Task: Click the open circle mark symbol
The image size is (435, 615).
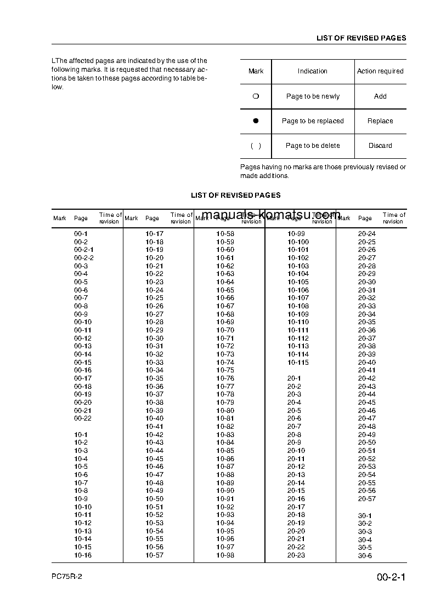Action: tap(255, 96)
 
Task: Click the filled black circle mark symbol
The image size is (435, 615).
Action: tap(255, 121)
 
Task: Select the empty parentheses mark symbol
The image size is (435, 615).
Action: tap(256, 146)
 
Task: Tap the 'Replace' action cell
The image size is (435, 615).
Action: tap(380, 121)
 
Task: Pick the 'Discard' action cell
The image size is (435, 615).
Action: tap(380, 146)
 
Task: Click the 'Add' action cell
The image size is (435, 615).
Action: tap(380, 96)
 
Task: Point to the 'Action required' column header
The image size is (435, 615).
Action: tap(380, 71)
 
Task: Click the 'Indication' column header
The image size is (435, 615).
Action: tap(312, 71)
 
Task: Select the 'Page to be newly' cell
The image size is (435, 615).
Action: tap(313, 96)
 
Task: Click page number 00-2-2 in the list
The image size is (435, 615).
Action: tap(84, 258)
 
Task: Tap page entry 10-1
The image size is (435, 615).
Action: tap(81, 435)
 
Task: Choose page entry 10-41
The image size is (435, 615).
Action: tap(154, 427)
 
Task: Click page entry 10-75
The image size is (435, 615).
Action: tap(225, 370)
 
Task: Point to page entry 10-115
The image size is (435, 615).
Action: tap(298, 363)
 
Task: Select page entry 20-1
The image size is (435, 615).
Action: tap(294, 378)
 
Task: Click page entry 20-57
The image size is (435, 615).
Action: tap(367, 499)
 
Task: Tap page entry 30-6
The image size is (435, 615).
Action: tap(365, 556)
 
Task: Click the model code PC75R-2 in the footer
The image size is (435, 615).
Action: tap(67, 578)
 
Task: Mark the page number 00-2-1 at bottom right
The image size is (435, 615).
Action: tap(391, 578)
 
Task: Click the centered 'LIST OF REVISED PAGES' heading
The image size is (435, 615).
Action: tap(235, 195)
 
